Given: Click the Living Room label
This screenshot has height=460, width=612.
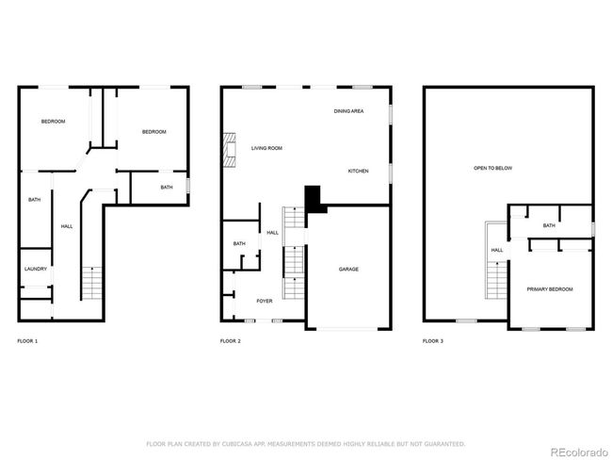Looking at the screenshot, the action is coord(266,148).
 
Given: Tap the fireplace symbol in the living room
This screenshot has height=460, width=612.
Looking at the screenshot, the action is coord(230,150).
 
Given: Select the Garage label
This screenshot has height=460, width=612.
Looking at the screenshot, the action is coord(348,270).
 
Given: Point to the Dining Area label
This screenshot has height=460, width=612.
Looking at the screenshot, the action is coord(348,111).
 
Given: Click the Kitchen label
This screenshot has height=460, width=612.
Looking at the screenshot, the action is coord(359,172).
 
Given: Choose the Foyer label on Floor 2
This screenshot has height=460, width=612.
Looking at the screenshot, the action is coord(265,301).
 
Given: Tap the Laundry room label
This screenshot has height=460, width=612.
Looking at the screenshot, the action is coord(36,269).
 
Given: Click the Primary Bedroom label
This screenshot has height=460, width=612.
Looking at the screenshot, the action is coord(550,289).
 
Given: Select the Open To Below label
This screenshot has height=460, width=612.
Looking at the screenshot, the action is coord(493,168).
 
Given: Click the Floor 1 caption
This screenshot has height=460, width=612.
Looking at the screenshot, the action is coord(27,341).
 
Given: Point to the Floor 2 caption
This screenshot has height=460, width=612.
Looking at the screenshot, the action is coord(231,341).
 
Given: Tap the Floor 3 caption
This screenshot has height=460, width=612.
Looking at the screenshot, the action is coord(433,341).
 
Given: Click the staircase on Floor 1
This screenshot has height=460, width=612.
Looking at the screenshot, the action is coord(92,284).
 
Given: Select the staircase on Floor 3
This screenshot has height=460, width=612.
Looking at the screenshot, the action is coord(496,280).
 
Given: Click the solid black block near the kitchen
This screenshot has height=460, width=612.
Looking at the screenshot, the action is coord(314,199).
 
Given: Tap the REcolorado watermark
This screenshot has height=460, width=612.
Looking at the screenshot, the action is coord(579,452).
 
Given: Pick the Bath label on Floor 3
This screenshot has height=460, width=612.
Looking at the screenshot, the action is coord(549,225).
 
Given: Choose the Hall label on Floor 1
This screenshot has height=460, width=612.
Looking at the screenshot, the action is coord(67,226).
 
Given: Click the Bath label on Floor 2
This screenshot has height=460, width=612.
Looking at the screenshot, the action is coord(239,243).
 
